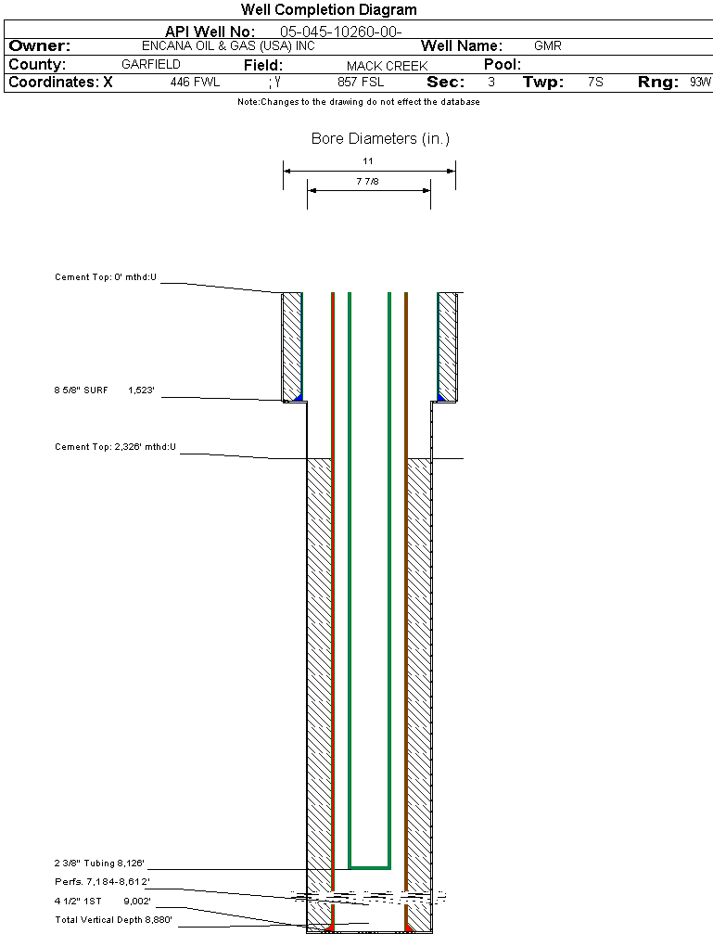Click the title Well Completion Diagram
coord(329,10)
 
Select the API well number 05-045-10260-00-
coord(340,32)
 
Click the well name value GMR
coord(548,46)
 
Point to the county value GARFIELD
coord(151,65)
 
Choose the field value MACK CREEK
coord(388,66)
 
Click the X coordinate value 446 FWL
coord(195,83)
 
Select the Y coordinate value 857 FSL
coord(361,83)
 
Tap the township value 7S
coord(595,83)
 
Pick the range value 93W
coord(700,83)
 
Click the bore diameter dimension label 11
coord(368,161)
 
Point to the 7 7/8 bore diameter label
coord(368,182)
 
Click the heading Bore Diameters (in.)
coord(380,139)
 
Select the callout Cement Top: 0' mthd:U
coord(106,277)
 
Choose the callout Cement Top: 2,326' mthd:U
coord(115,447)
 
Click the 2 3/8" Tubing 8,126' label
coord(99,864)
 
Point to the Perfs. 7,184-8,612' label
coord(102,881)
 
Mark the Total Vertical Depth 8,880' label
coord(113,919)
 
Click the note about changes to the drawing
coord(359,102)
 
